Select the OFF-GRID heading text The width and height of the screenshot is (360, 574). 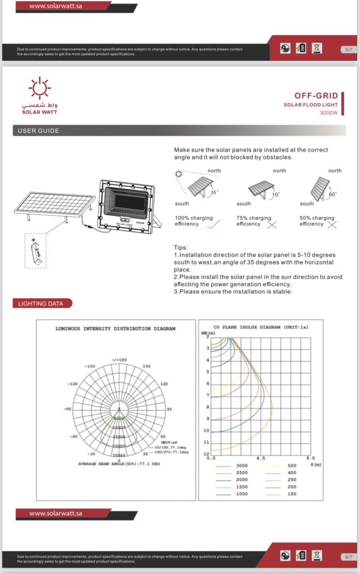(x=316, y=96)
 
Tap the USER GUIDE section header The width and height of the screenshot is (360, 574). (x=38, y=131)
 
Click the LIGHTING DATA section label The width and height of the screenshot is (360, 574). (x=41, y=303)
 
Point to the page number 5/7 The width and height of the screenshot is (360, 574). (x=348, y=50)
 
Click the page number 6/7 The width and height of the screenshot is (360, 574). (x=348, y=557)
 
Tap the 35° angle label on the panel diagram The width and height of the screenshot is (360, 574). (x=215, y=193)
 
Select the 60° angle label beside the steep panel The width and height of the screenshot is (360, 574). (x=332, y=195)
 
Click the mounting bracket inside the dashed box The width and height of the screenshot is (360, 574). (x=35, y=252)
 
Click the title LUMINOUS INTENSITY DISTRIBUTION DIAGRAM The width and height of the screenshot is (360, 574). (x=115, y=329)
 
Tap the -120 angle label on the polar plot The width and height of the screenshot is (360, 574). (x=72, y=383)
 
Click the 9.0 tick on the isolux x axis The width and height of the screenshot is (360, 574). (x=310, y=459)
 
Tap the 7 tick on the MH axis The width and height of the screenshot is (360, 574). (x=207, y=395)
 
